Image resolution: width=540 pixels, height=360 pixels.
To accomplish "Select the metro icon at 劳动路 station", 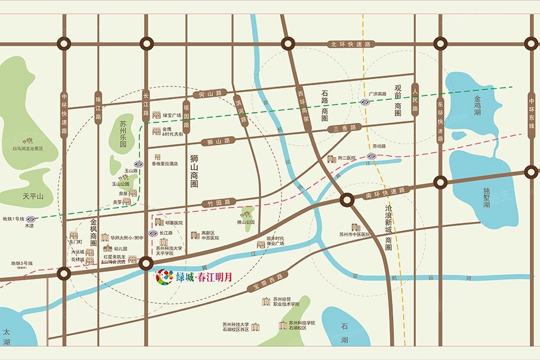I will (371, 156).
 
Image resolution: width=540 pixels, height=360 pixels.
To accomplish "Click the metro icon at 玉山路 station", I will (138, 164).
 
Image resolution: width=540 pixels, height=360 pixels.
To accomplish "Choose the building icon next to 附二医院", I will (332, 158).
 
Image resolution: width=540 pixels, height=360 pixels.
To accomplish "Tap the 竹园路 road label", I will (215, 203).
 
